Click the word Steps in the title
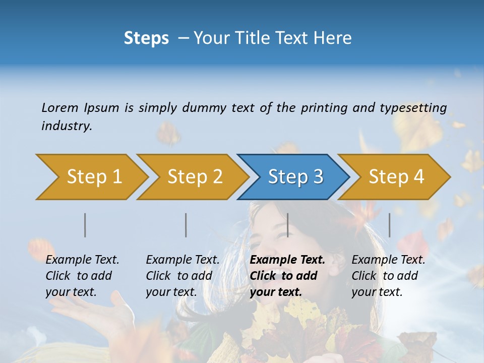(x=146, y=38)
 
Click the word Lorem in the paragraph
(x=59, y=107)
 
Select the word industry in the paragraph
(x=66, y=126)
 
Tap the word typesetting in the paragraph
(x=413, y=108)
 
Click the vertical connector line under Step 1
(x=85, y=225)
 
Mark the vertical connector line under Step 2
(x=186, y=225)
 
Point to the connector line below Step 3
(x=288, y=225)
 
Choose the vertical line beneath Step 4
(x=389, y=225)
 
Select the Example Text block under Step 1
(x=82, y=276)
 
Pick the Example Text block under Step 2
(x=183, y=276)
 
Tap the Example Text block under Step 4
(x=388, y=276)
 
